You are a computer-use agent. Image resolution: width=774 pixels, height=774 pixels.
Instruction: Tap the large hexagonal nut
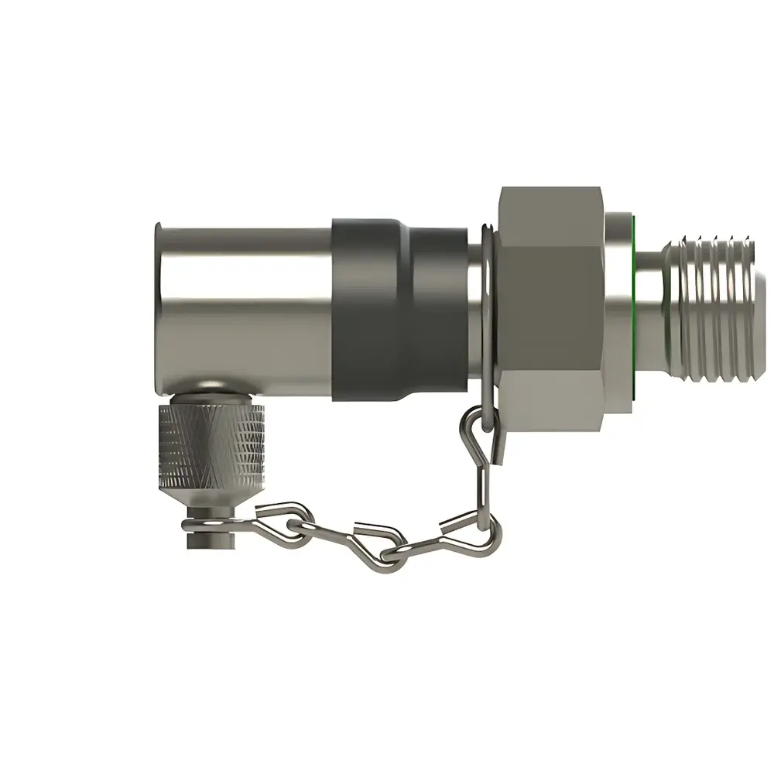pos(551,310)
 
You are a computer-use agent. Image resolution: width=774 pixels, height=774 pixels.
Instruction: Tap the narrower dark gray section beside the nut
pos(437,310)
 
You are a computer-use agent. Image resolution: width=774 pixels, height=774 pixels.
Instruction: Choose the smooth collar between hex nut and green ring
pos(618,309)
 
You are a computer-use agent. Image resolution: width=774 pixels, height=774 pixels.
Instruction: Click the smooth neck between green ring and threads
pos(650,309)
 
